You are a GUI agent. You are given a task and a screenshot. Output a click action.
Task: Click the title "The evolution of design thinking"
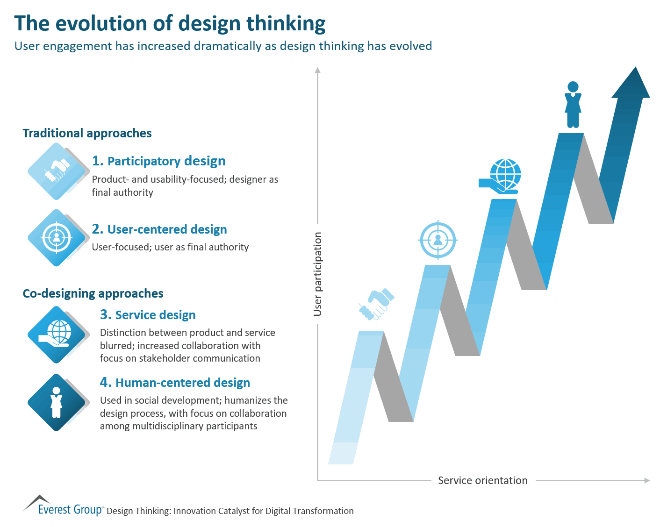tap(170, 23)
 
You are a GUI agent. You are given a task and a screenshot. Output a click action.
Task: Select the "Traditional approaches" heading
tap(87, 133)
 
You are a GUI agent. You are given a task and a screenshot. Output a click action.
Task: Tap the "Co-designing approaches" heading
tap(93, 293)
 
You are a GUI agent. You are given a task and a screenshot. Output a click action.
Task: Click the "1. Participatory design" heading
tap(158, 161)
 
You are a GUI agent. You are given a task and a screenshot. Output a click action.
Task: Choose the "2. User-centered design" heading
tap(159, 229)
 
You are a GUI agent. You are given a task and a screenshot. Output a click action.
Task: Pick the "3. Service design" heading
tap(148, 315)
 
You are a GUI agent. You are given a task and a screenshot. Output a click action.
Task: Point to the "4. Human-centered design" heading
tap(175, 383)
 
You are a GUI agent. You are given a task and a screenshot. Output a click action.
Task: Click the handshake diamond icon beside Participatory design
tap(57, 171)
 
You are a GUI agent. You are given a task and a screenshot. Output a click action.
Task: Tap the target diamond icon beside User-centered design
tap(57, 238)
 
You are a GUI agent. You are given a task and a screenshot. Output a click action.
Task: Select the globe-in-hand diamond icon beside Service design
tap(57, 335)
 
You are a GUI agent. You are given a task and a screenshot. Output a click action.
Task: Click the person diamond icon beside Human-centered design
tap(57, 402)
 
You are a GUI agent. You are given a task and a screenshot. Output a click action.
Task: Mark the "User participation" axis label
tap(318, 274)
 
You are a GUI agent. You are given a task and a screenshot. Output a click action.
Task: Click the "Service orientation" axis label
tap(482, 480)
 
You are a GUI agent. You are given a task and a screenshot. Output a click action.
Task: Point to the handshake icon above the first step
tap(376, 304)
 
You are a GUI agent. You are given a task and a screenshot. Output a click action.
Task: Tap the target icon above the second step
tap(438, 240)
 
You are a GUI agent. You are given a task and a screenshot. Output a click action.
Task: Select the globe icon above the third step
tap(501, 176)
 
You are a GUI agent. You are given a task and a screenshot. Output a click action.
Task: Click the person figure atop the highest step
tap(573, 105)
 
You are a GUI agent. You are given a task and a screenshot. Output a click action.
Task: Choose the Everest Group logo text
tap(70, 509)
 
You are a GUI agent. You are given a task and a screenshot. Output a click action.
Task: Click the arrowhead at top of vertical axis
tap(318, 71)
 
